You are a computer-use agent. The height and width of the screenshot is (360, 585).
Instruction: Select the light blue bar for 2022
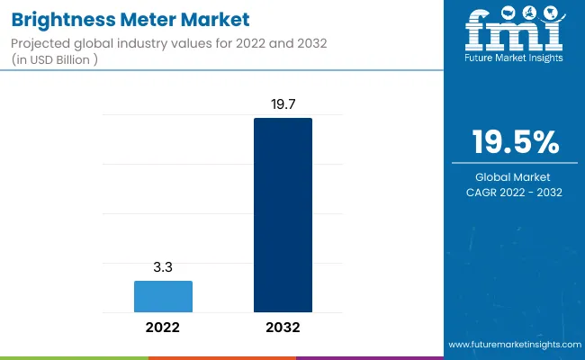[x=163, y=296]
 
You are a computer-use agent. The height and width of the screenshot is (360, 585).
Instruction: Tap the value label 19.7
[x=283, y=105]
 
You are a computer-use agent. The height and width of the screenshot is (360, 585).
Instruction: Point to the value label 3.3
[x=163, y=267]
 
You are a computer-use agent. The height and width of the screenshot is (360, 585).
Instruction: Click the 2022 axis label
[x=163, y=328]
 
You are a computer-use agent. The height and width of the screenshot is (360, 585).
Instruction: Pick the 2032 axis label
[x=283, y=328]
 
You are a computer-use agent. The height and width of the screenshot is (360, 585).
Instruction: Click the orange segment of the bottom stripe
[x=221, y=357]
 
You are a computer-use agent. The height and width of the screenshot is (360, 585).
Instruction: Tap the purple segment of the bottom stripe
[x=369, y=357]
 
